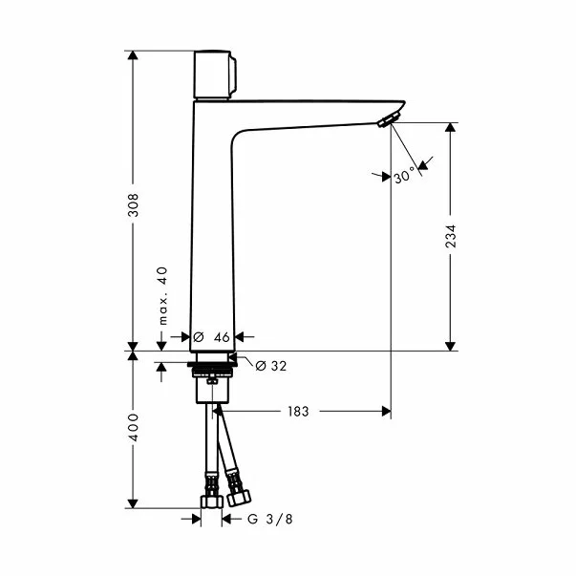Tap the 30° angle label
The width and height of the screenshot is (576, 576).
pyautogui.click(x=404, y=176)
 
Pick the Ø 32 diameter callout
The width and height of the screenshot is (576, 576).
pyautogui.click(x=271, y=365)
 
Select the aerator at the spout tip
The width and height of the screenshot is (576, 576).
pyautogui.click(x=387, y=119)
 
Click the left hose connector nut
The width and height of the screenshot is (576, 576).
pyautogui.click(x=210, y=501)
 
